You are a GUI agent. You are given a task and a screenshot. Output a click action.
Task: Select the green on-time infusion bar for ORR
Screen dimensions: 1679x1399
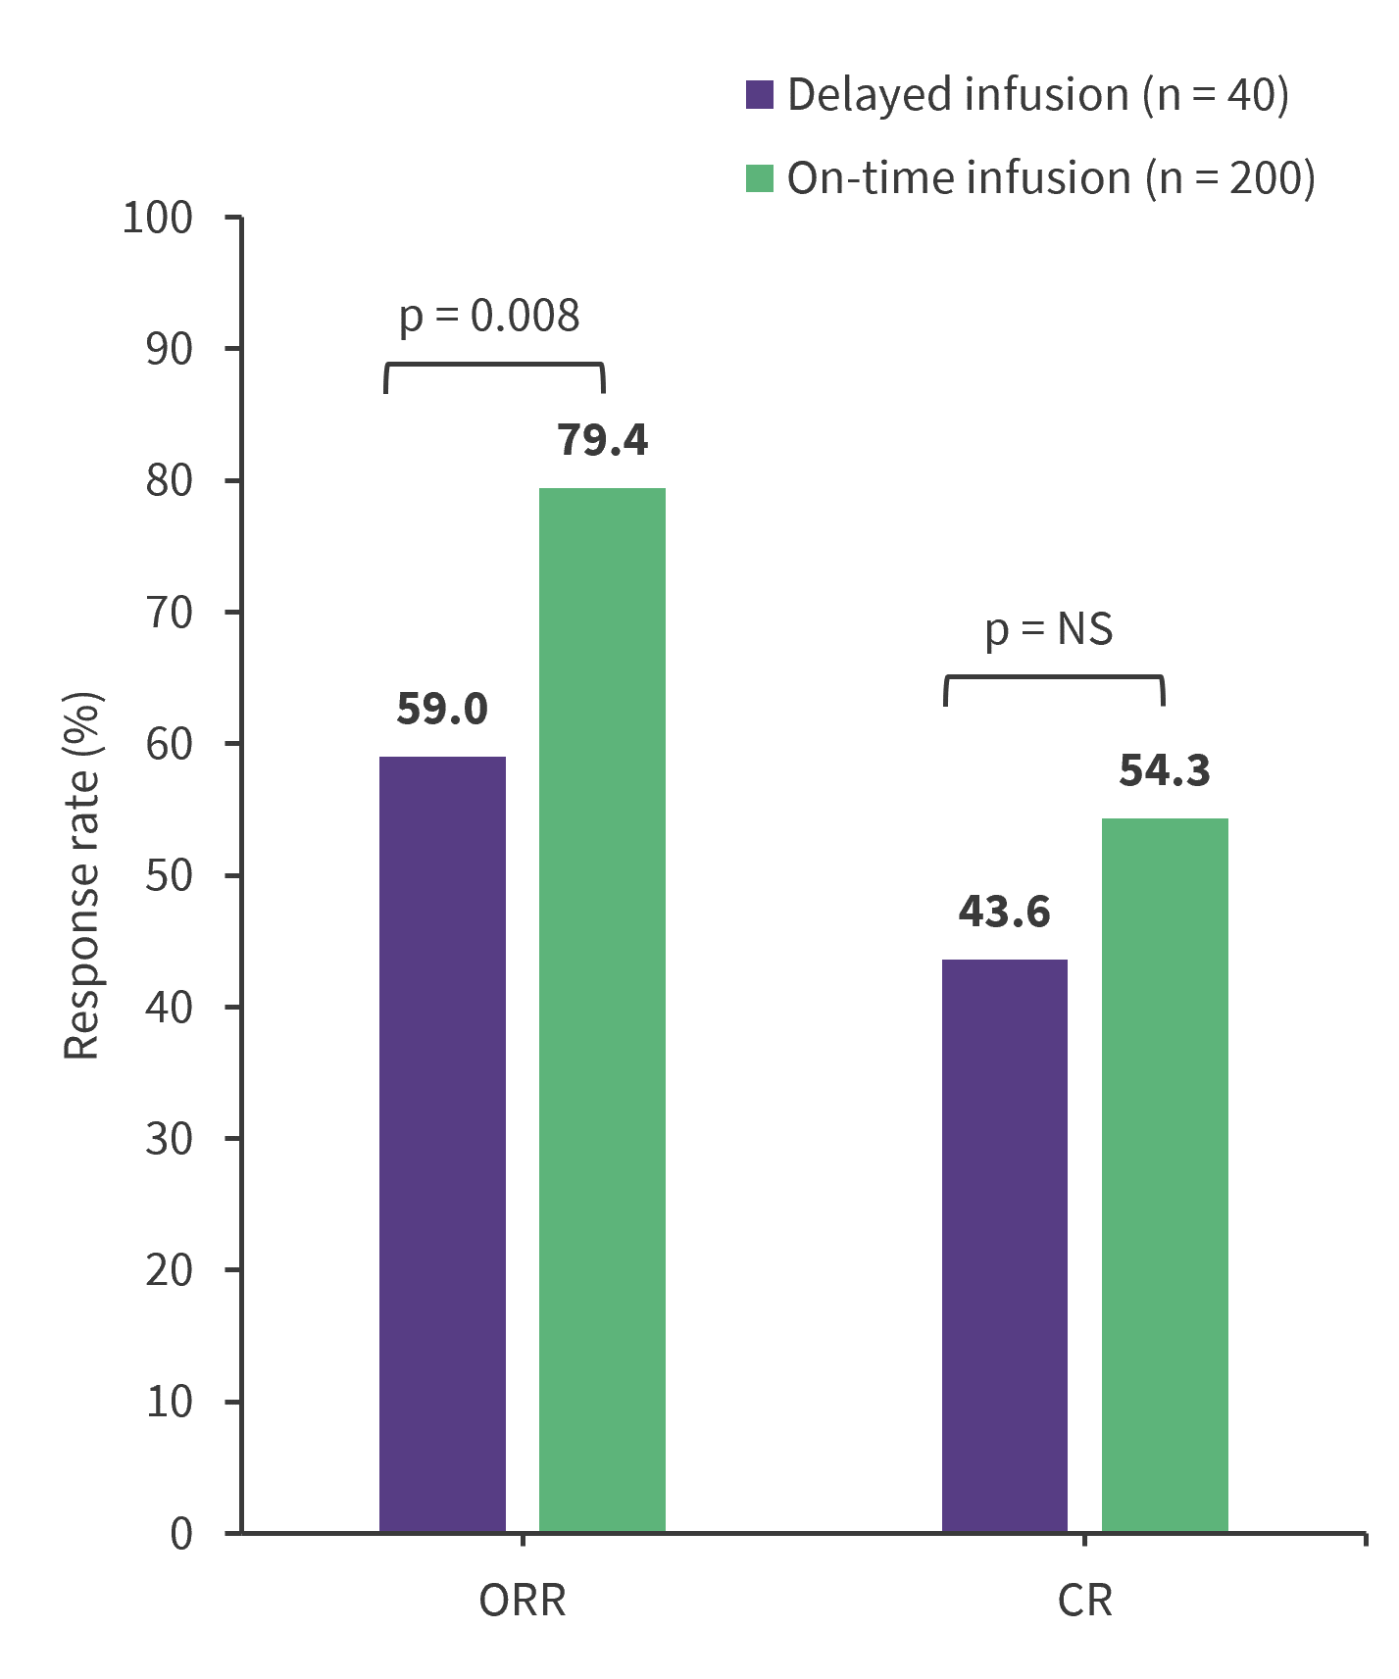click(602, 1010)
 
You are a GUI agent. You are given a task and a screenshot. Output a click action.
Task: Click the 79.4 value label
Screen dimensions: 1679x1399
click(602, 440)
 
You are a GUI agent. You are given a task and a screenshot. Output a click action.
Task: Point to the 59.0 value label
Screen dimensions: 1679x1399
click(442, 709)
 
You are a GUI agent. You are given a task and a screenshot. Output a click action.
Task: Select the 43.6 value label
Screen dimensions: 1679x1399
click(1005, 912)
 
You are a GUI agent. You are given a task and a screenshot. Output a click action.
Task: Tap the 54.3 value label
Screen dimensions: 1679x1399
click(1165, 770)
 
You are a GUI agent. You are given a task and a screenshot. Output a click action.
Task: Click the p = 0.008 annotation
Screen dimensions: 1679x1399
click(489, 317)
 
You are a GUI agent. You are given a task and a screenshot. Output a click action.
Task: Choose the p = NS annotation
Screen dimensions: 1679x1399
click(1049, 629)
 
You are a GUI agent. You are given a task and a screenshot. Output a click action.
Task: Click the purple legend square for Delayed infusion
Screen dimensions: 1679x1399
click(760, 94)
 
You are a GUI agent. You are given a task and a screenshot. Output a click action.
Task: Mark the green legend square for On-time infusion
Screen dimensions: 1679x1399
click(760, 177)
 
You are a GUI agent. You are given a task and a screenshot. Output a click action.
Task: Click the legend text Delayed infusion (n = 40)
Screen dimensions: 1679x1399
click(1037, 95)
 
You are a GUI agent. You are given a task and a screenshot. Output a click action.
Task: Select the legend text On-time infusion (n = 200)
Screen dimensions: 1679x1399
click(1050, 178)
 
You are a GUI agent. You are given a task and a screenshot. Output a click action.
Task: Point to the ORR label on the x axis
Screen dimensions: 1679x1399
click(523, 1601)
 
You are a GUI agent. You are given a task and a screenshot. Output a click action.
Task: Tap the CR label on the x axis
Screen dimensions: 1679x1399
click(1085, 1601)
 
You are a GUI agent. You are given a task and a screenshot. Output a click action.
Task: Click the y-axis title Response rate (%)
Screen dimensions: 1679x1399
click(82, 875)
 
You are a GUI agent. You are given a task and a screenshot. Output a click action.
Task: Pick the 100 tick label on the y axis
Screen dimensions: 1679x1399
click(158, 218)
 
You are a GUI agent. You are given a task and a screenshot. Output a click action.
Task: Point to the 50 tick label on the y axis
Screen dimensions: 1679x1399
click(170, 875)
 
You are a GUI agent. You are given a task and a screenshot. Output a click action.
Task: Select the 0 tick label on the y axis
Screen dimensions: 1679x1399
click(181, 1533)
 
